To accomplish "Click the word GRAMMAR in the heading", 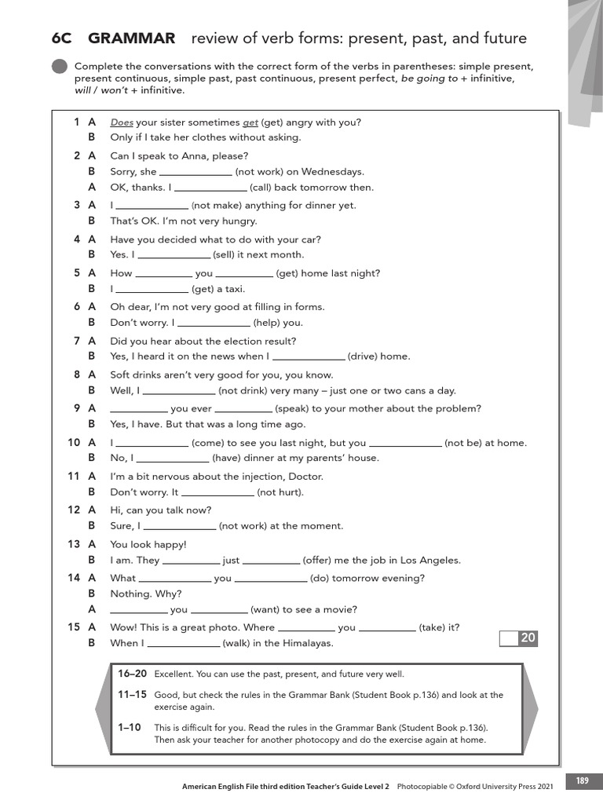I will pos(132,38).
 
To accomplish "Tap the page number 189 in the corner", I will pos(582,780).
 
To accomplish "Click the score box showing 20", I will pos(519,638).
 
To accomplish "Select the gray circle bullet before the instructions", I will pos(60,68).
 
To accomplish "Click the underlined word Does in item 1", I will pos(122,122).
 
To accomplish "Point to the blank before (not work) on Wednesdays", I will pos(196,172).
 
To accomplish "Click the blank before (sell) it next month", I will pos(174,255).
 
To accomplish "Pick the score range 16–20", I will pos(132,674).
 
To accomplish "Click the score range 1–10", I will pos(129,728).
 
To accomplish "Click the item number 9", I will pos(77,408).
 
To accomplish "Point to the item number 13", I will pos(74,544).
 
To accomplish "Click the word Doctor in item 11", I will pos(306,477).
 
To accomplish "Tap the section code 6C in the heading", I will pos(62,38).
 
